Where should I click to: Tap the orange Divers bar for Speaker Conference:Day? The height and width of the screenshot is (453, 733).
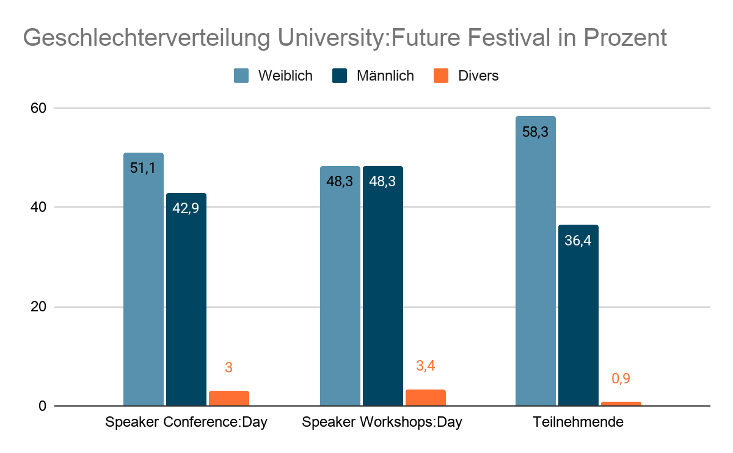click(x=229, y=398)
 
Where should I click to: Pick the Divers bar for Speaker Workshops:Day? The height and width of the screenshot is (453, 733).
click(x=426, y=397)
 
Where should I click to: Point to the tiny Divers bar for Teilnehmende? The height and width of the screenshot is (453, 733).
click(x=621, y=404)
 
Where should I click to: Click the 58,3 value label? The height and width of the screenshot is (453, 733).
click(x=536, y=131)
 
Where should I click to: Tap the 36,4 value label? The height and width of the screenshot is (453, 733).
click(x=578, y=240)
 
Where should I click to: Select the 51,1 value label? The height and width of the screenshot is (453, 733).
click(x=144, y=167)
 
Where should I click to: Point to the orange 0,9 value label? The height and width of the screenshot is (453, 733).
click(x=621, y=379)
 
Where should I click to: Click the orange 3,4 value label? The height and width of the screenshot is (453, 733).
click(x=426, y=366)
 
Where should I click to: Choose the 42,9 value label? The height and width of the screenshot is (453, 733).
click(x=186, y=208)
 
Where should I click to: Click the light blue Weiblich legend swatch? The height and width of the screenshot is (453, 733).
click(x=241, y=76)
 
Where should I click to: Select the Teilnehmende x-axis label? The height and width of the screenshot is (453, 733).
click(x=578, y=422)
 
